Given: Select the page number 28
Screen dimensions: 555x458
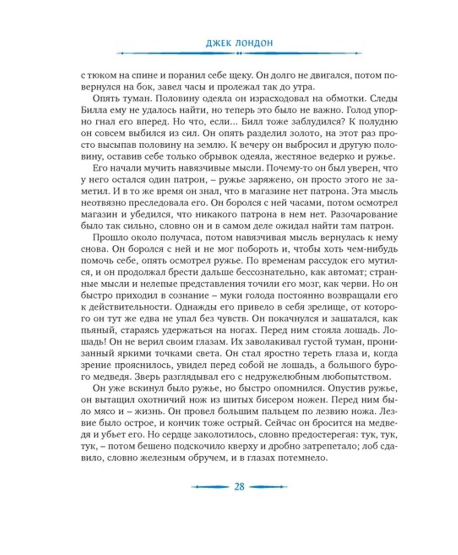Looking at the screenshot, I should coord(239,486).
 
